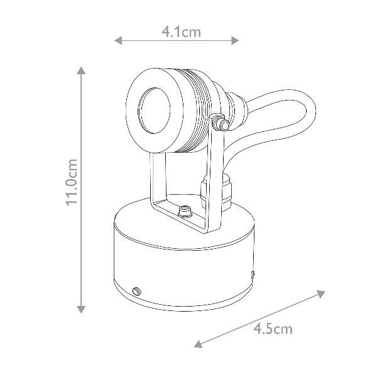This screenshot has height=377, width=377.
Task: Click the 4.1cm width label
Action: (x=181, y=32)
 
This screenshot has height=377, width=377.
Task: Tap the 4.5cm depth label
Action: (x=273, y=328)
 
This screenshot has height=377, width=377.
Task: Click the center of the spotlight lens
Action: (x=151, y=111)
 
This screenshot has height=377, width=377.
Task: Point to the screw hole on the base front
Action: (x=136, y=291)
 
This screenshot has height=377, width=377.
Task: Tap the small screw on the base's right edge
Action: (x=253, y=275)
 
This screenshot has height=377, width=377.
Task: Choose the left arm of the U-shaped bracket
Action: (x=154, y=182)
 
